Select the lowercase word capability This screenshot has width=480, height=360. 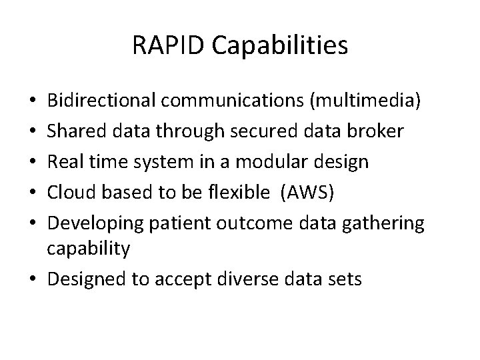[x=88, y=249]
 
